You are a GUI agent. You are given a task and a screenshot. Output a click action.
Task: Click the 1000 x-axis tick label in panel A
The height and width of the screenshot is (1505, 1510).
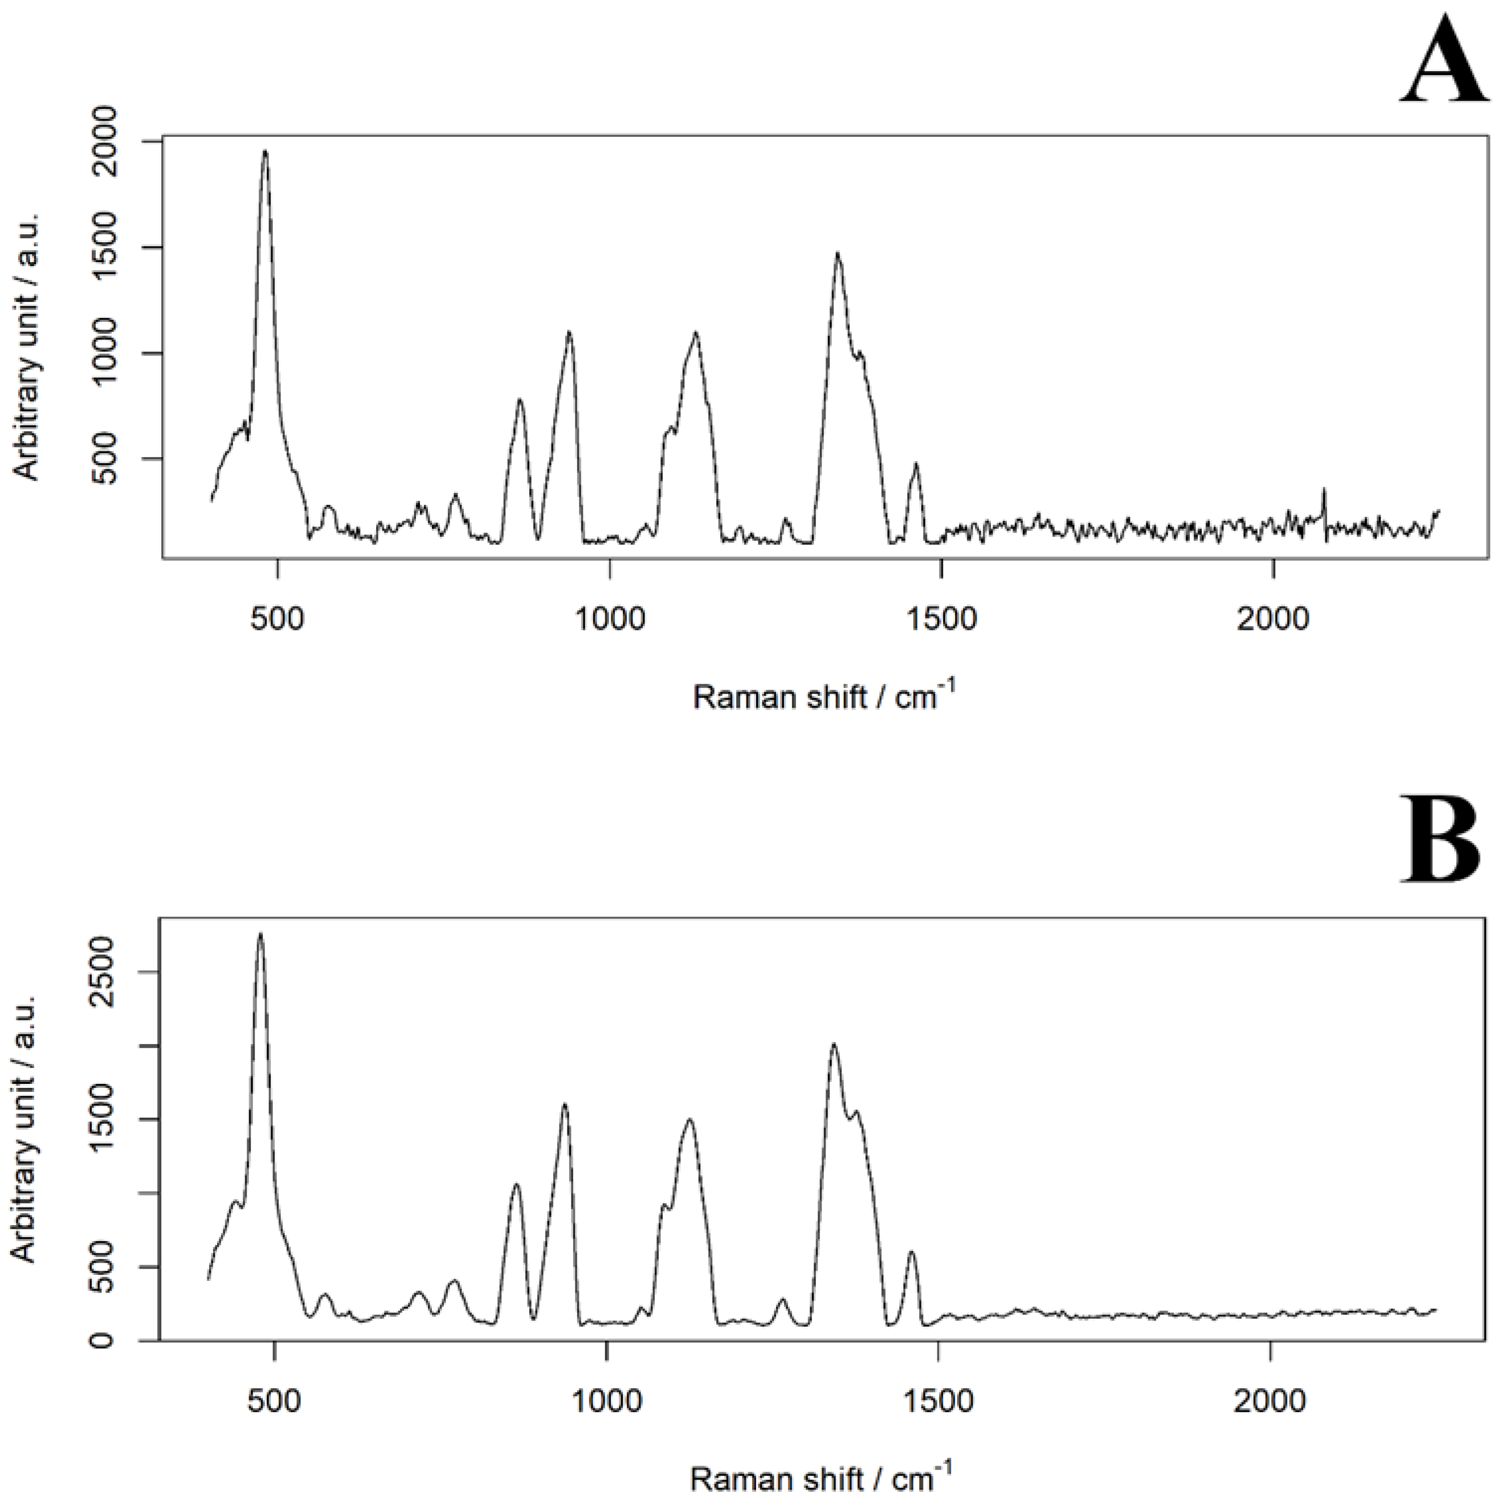609,619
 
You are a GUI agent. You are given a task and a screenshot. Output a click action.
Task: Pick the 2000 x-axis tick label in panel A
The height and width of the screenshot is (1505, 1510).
1272,619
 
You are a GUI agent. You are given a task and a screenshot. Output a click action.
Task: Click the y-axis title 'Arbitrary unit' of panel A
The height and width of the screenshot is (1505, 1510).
27,346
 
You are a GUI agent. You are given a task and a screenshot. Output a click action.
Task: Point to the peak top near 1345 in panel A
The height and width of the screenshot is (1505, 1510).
838,254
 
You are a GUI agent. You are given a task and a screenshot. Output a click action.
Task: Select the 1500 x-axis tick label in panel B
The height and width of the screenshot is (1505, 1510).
938,1401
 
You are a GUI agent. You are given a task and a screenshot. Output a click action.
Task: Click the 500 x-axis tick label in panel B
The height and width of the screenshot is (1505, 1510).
274,1401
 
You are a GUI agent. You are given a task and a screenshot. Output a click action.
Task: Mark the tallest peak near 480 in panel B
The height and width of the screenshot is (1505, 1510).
261,934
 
